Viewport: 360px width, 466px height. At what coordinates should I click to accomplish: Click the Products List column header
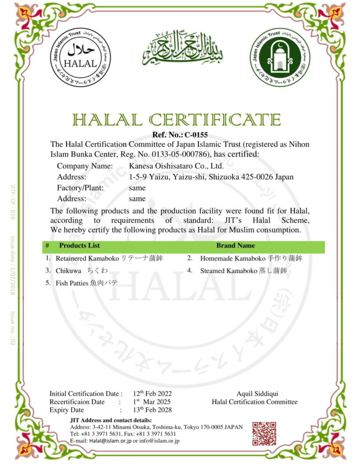(x=79, y=245)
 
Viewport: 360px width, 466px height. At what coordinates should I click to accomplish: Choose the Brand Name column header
(x=236, y=245)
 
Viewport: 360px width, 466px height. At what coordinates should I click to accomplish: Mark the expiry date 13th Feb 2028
(x=152, y=410)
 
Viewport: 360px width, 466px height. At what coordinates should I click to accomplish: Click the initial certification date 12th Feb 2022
(x=152, y=394)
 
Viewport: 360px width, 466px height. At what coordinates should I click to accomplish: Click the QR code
(x=264, y=434)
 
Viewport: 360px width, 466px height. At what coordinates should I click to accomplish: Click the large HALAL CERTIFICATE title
(x=176, y=120)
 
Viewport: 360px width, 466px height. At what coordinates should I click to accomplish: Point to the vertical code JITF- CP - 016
(x=13, y=202)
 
